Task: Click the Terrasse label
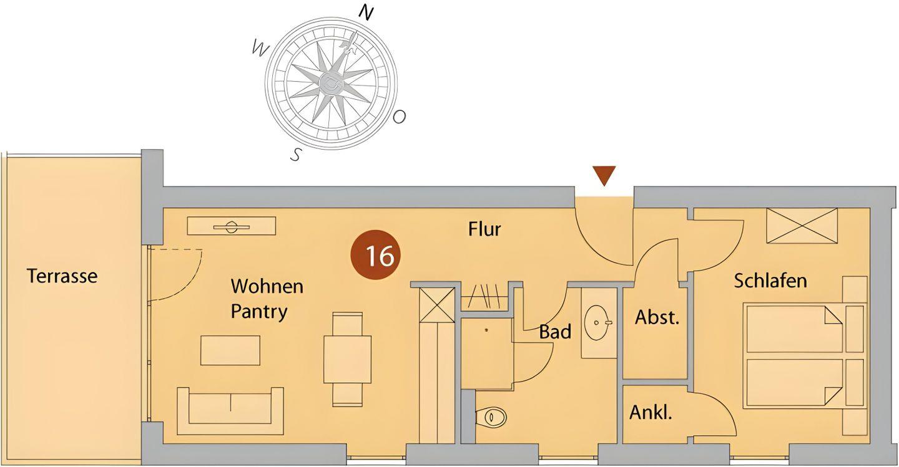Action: tap(62, 276)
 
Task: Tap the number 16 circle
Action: tap(375, 255)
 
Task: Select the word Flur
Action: tap(484, 229)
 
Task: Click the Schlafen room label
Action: tap(770, 281)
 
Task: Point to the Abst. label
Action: tap(657, 317)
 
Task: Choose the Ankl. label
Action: tap(651, 412)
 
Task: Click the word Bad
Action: tap(555, 332)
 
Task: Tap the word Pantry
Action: tap(259, 311)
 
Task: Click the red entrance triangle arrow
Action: tap(604, 175)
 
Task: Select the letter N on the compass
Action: tap(366, 13)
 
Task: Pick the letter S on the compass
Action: tap(296, 155)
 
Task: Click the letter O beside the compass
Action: tap(400, 117)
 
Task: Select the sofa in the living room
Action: tap(230, 410)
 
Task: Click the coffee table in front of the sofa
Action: tap(230, 350)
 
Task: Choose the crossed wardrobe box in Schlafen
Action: tap(802, 225)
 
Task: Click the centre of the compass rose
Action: tap(330, 83)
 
